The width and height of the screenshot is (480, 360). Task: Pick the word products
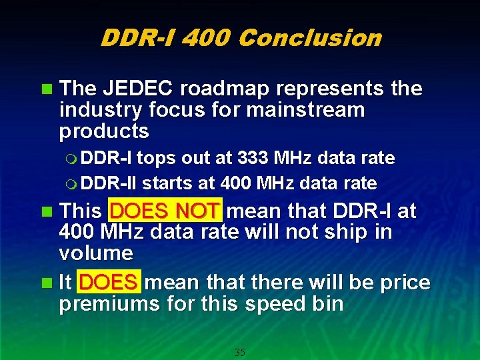104,131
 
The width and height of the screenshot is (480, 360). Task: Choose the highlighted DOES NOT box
165,211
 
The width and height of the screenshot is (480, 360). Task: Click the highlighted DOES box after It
108,283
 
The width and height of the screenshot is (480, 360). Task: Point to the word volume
96,253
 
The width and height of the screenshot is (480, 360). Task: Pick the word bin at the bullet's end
327,305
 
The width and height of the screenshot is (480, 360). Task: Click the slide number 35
240,352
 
